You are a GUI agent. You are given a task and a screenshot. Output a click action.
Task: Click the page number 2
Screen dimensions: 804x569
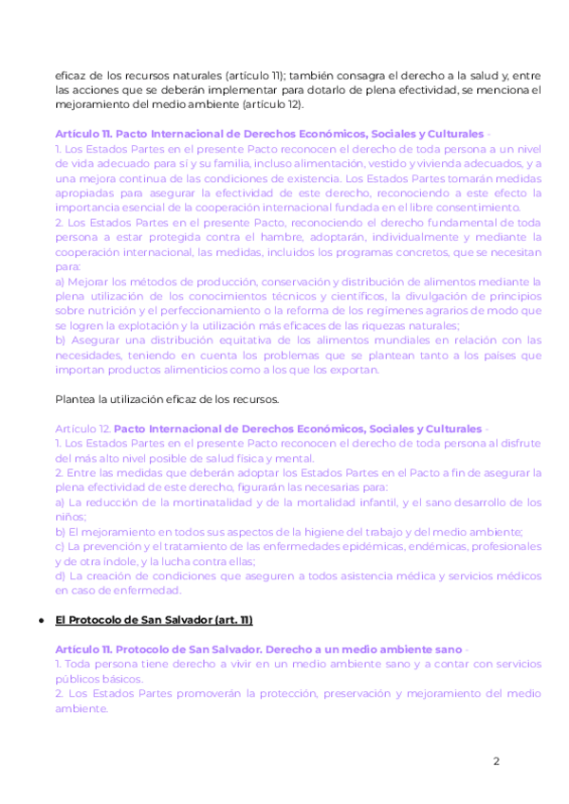click(495, 761)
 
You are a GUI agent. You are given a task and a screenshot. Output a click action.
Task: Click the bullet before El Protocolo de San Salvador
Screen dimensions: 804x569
click(40, 619)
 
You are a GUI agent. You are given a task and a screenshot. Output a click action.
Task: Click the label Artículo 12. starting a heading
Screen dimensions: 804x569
click(83, 429)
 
